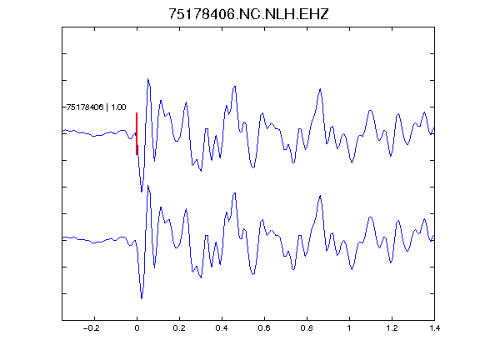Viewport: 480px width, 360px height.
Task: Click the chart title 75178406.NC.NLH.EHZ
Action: pyautogui.click(x=248, y=14)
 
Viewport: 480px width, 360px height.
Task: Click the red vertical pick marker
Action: pyautogui.click(x=137, y=134)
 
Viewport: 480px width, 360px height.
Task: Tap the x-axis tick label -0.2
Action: pyautogui.click(x=91, y=328)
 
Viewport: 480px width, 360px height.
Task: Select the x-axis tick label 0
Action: pyautogui.click(x=137, y=328)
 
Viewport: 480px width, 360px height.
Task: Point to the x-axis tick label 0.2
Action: pyautogui.click(x=179, y=328)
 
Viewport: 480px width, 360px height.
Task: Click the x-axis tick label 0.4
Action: pyautogui.click(x=222, y=328)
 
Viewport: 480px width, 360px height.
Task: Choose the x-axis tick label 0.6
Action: pyautogui.click(x=264, y=328)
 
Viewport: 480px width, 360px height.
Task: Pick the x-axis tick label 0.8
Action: pyautogui.click(x=307, y=328)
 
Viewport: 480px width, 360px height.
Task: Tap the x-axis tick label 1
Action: pyautogui.click(x=349, y=328)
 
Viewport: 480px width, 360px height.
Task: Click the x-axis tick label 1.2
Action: pyautogui.click(x=392, y=328)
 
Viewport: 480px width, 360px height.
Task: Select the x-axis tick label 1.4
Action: pyautogui.click(x=434, y=328)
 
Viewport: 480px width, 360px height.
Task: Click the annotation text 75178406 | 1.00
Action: pyautogui.click(x=96, y=107)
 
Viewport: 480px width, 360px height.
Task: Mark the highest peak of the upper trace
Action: pyautogui.click(x=147, y=79)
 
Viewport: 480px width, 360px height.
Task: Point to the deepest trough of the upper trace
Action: pyautogui.click(x=142, y=192)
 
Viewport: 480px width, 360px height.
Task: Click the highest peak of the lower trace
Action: pyautogui.click(x=147, y=186)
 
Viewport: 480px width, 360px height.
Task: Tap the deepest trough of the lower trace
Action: pyautogui.click(x=142, y=298)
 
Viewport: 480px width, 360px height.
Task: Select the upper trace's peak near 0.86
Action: pyautogui.click(x=320, y=89)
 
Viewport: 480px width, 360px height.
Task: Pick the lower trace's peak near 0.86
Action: pyautogui.click(x=320, y=195)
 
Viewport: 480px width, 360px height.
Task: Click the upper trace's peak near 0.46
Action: pyautogui.click(x=235, y=87)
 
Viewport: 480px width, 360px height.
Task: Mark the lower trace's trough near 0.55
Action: pyautogui.click(x=253, y=274)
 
